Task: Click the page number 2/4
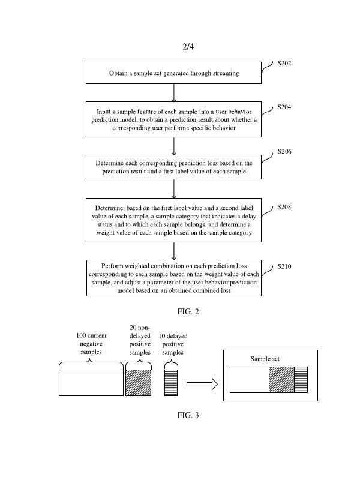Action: [188, 47]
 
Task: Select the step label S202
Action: [284, 63]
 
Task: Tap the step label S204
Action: [284, 107]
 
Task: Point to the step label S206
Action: [284, 152]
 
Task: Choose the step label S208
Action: [284, 207]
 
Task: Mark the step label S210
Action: [284, 266]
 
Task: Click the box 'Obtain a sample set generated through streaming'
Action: [174, 73]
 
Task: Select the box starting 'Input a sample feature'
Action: [174, 119]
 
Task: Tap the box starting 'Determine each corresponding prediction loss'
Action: [174, 167]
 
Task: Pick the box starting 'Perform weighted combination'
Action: [174, 278]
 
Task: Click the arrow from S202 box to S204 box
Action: [174, 92]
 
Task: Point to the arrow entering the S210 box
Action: [174, 251]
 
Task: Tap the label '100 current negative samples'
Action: [91, 343]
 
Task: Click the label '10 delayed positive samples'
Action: [173, 344]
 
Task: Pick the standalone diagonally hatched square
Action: [139, 383]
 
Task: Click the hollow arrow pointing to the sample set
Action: [202, 385]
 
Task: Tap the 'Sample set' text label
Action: [265, 359]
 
